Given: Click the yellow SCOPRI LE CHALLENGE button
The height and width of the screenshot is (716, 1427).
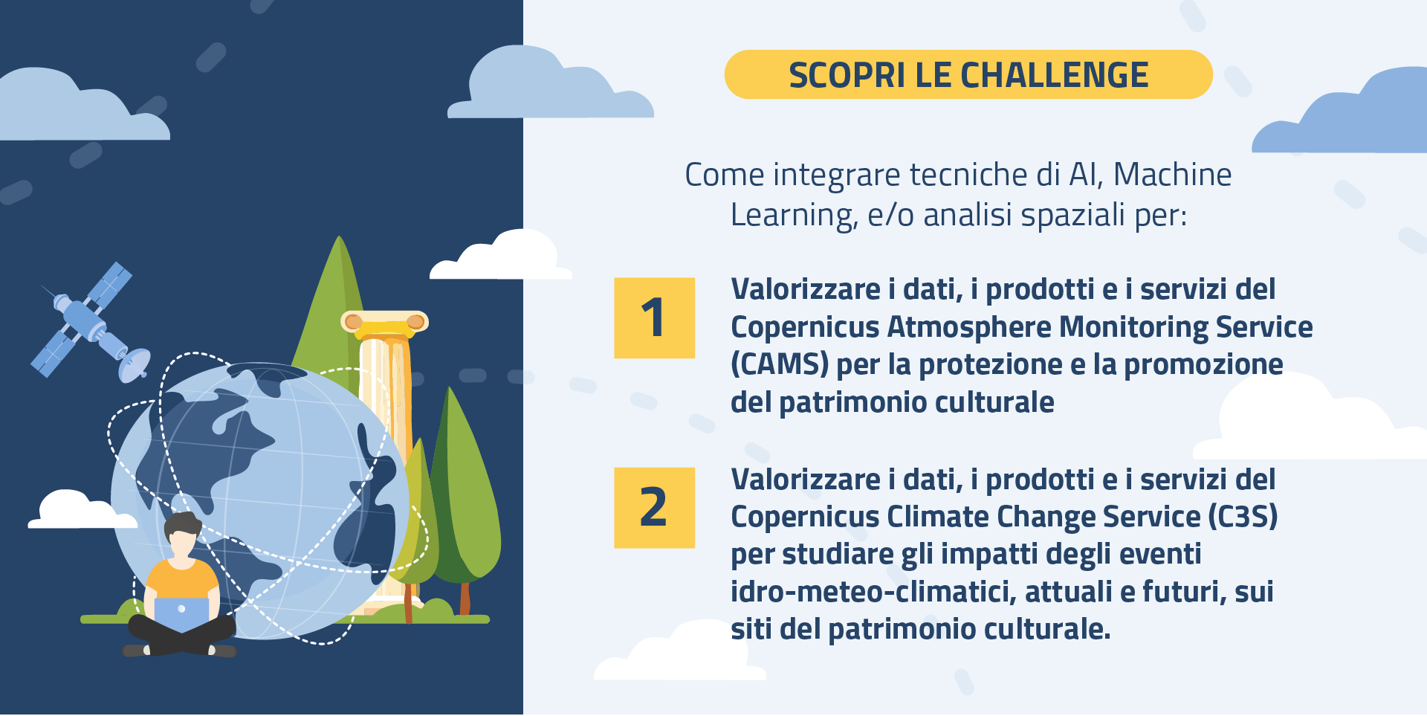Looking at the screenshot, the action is [x=968, y=74].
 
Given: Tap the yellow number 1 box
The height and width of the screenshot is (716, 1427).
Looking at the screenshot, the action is [x=654, y=318].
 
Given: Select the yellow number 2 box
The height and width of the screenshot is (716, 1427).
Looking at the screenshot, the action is [x=654, y=508].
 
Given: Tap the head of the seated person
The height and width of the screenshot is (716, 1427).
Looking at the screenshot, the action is [x=182, y=534].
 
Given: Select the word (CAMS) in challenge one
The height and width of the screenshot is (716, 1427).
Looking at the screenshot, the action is [x=780, y=364].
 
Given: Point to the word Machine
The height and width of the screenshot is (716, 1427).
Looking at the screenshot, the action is [x=1172, y=175].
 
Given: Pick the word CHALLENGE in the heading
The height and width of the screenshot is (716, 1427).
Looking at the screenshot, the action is [x=1055, y=75].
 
